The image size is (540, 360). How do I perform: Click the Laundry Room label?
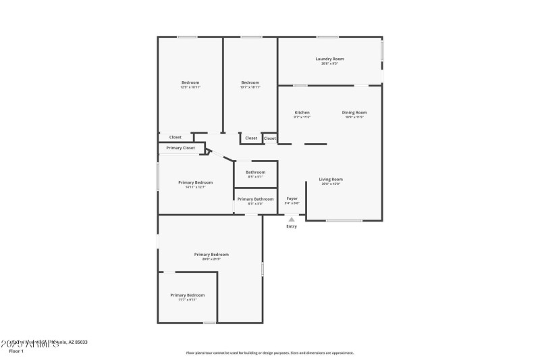329,59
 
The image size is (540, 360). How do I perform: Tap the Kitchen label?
302,112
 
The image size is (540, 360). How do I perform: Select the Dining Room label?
354,112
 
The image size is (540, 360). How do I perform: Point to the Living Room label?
331,179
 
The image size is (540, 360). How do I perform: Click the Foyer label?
292,199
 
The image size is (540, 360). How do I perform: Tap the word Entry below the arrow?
292,226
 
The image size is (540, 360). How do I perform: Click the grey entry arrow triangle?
292,219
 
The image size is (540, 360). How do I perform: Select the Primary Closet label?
180,147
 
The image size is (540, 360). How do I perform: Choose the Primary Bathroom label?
255,199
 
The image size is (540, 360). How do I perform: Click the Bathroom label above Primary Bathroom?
255,172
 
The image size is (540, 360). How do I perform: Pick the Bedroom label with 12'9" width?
190,82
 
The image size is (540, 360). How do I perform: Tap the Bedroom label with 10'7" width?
250,82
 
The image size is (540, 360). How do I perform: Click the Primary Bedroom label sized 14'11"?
196,182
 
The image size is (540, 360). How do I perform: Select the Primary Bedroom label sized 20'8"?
211,255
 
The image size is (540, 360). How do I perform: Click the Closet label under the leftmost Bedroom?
175,137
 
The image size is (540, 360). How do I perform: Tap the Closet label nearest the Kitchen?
269,138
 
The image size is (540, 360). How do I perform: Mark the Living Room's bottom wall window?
344,221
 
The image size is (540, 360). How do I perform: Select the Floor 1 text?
16,351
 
